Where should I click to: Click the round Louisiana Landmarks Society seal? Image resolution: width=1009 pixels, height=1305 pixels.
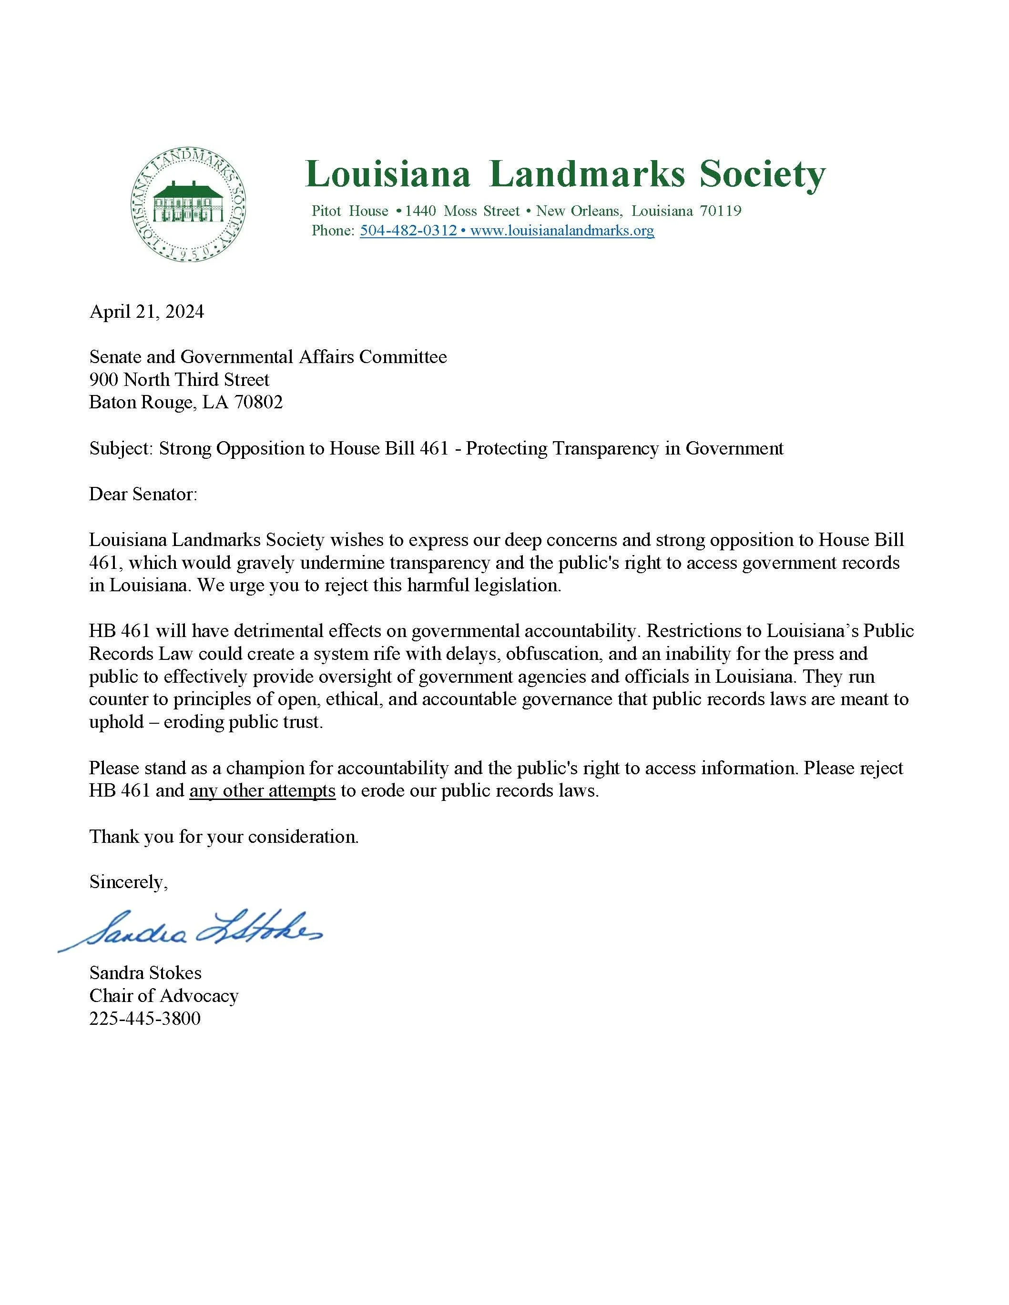(189, 205)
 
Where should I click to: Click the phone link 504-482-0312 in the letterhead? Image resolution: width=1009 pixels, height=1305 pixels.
(408, 231)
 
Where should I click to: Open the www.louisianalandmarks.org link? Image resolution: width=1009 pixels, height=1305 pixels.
(562, 231)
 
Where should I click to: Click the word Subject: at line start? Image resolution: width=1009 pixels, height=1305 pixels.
(122, 448)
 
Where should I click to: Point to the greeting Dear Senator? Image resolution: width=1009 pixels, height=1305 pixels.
(143, 494)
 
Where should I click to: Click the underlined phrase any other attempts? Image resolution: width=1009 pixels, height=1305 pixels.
(263, 790)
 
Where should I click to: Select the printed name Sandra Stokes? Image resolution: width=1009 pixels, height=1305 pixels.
(145, 973)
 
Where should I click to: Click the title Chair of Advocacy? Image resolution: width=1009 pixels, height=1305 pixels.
(164, 995)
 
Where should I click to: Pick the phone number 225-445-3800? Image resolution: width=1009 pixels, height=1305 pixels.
(145, 1018)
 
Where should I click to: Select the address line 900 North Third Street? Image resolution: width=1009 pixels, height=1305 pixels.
(179, 379)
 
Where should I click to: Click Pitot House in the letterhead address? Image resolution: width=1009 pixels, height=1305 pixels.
(350, 211)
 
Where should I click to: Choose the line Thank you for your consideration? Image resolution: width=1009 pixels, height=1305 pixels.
(224, 837)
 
